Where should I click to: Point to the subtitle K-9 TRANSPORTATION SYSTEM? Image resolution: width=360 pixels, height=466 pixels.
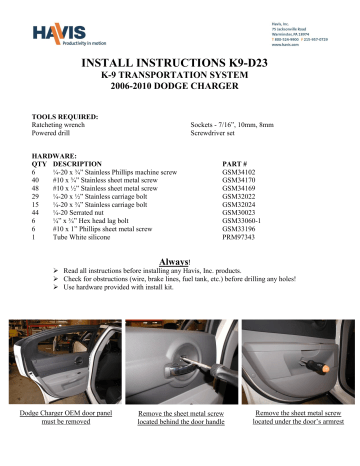tap(179, 77)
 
